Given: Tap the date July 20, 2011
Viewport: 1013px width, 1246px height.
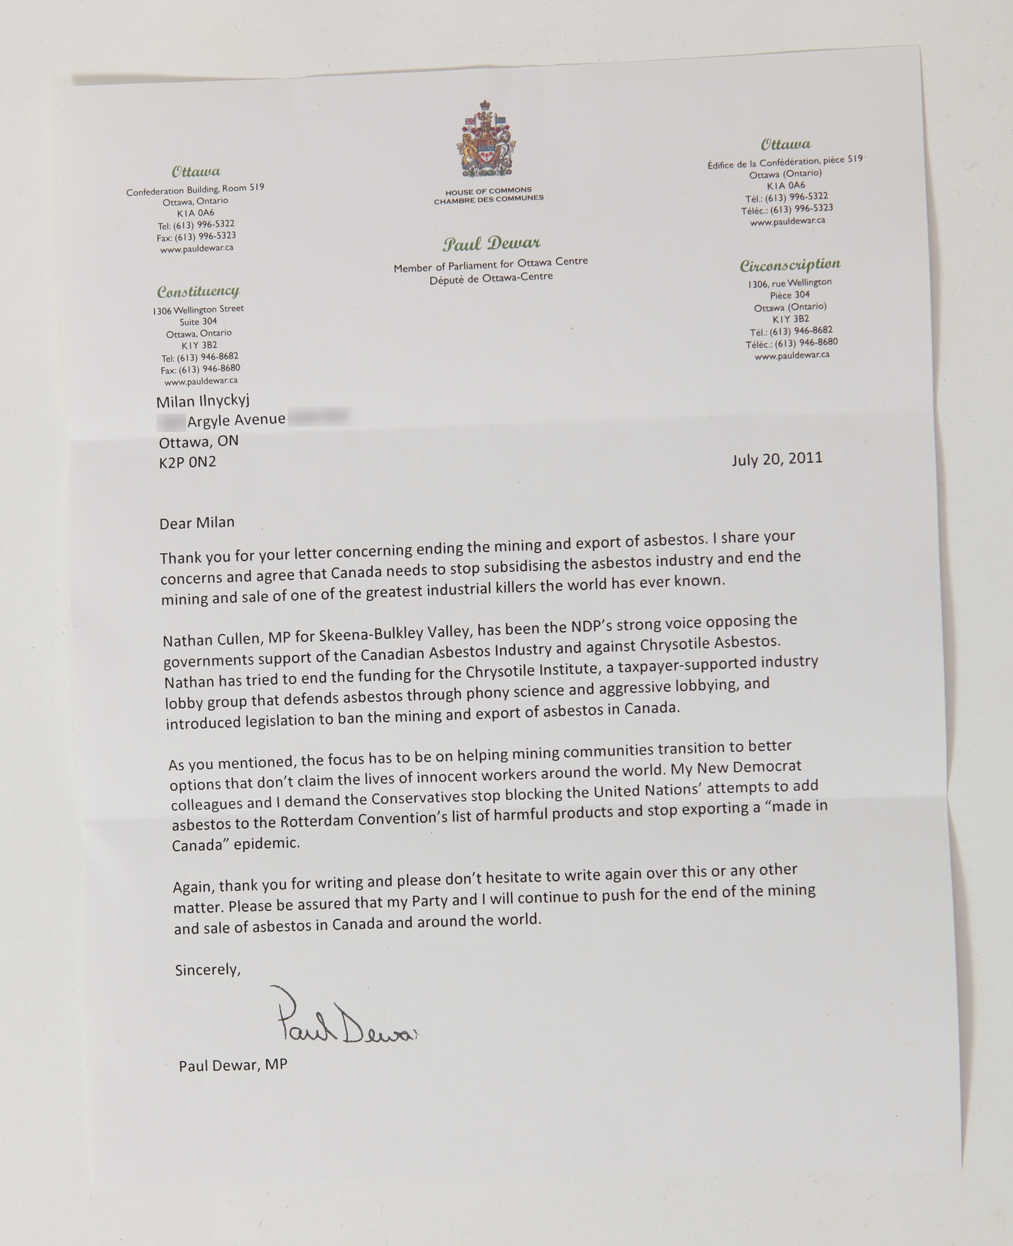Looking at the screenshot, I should (x=777, y=459).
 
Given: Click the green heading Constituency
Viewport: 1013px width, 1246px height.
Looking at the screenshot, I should (x=198, y=291).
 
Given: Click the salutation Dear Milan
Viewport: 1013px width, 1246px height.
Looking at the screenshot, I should (x=197, y=523).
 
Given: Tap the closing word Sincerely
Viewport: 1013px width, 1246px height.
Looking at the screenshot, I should (x=207, y=970).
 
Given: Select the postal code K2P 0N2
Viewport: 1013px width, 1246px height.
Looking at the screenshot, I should (x=187, y=462).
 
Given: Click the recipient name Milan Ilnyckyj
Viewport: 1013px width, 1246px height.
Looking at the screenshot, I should (x=203, y=401).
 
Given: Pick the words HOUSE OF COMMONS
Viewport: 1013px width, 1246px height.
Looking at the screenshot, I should (x=488, y=190).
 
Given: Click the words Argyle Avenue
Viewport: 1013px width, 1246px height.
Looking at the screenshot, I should (x=236, y=420).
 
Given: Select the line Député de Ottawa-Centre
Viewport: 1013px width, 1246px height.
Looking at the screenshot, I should (x=491, y=278).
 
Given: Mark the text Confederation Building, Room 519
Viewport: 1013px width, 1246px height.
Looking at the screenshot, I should (x=195, y=190).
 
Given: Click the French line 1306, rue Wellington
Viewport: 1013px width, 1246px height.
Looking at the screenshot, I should (x=790, y=283).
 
